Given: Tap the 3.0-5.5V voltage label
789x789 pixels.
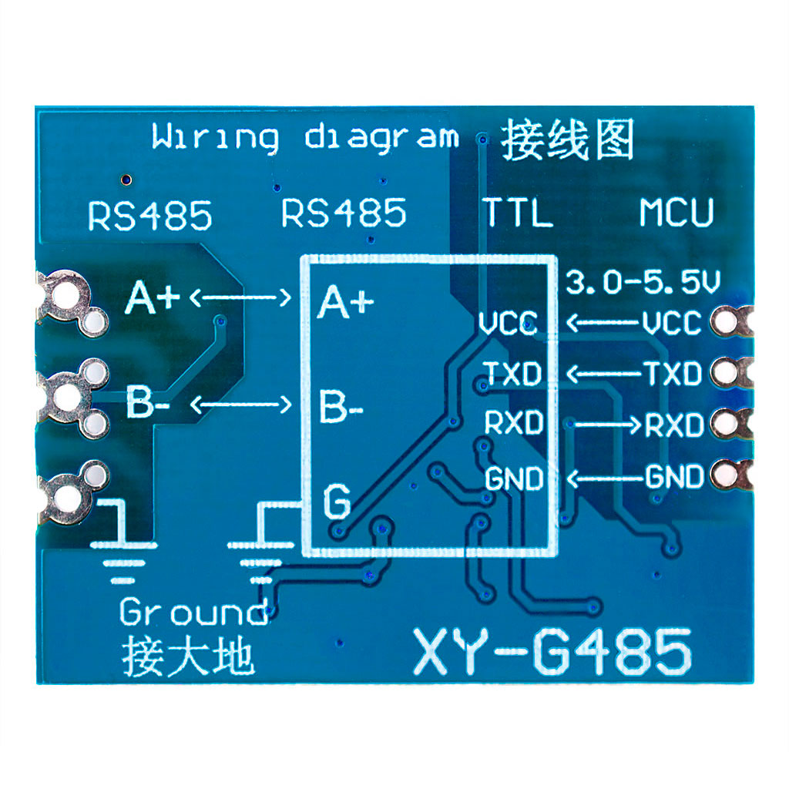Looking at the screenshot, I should pos(643,283).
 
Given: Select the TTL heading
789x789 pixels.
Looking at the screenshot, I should pos(517,213).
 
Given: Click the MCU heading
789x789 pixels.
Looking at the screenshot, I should pos(677,213).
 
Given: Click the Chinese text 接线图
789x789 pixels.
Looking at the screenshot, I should pos(567,139).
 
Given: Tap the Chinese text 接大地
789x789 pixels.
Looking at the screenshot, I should pos(187,656).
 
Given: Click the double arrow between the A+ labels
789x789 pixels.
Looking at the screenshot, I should pos(240,297).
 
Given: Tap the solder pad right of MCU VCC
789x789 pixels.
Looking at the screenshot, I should pos(726,321).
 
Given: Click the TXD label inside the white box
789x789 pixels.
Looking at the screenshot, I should pos(512,374).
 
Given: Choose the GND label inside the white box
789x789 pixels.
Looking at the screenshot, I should pos(514,478).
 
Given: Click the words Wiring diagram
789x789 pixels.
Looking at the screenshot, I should pos(305,139).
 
